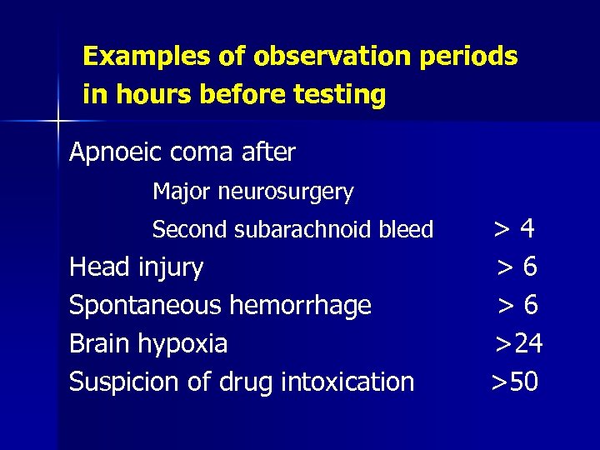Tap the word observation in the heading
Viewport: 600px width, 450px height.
(309, 57)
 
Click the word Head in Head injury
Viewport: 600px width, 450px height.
(95, 267)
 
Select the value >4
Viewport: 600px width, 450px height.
(514, 228)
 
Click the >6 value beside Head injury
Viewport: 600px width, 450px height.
(517, 267)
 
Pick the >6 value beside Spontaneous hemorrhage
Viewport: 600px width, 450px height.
(517, 306)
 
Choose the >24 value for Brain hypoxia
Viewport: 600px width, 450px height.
(519, 344)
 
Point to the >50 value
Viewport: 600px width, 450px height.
(515, 382)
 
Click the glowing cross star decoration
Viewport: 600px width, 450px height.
(57, 122)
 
